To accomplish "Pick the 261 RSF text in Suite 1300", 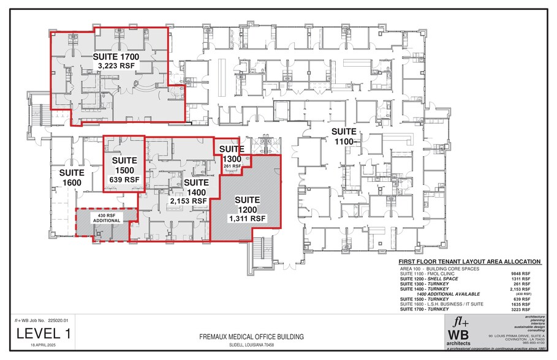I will coord(232,166).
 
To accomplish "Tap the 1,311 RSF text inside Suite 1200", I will coord(246,218).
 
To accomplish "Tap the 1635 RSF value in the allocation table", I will coord(531,304).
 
